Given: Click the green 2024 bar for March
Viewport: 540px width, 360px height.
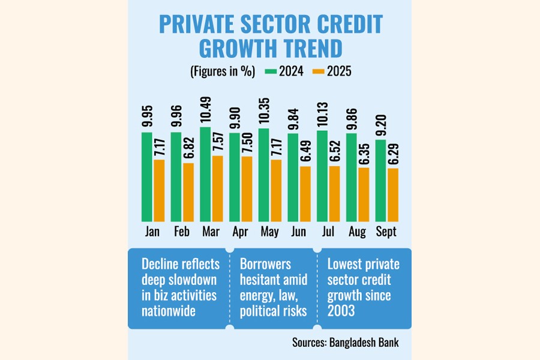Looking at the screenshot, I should (x=206, y=174).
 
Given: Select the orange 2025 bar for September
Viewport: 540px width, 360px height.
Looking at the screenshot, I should (x=393, y=195).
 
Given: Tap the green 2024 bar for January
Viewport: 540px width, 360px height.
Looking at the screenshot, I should (x=147, y=177).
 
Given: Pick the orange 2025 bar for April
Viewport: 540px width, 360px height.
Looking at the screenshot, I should (x=247, y=189).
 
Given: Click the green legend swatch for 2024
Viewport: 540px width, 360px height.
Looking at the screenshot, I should (x=269, y=71).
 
